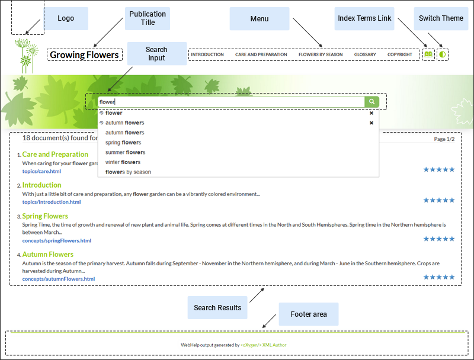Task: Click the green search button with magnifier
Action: (371, 102)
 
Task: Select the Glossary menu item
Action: (365, 54)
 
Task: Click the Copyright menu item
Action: (400, 54)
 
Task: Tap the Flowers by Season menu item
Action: (321, 54)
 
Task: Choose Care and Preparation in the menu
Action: (261, 54)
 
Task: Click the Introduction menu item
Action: (207, 54)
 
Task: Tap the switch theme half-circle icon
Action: (442, 54)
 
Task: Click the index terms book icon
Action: (428, 54)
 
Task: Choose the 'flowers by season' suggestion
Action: (128, 172)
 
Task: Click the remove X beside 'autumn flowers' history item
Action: (371, 123)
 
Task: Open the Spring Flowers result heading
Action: (45, 216)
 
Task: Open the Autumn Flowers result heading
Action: (47, 255)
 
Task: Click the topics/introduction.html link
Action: (52, 202)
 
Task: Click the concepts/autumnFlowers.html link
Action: (59, 279)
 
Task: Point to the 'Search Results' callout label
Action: (217, 308)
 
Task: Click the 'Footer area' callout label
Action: (309, 314)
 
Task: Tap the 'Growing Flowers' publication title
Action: (84, 55)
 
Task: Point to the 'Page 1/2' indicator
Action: (444, 139)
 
